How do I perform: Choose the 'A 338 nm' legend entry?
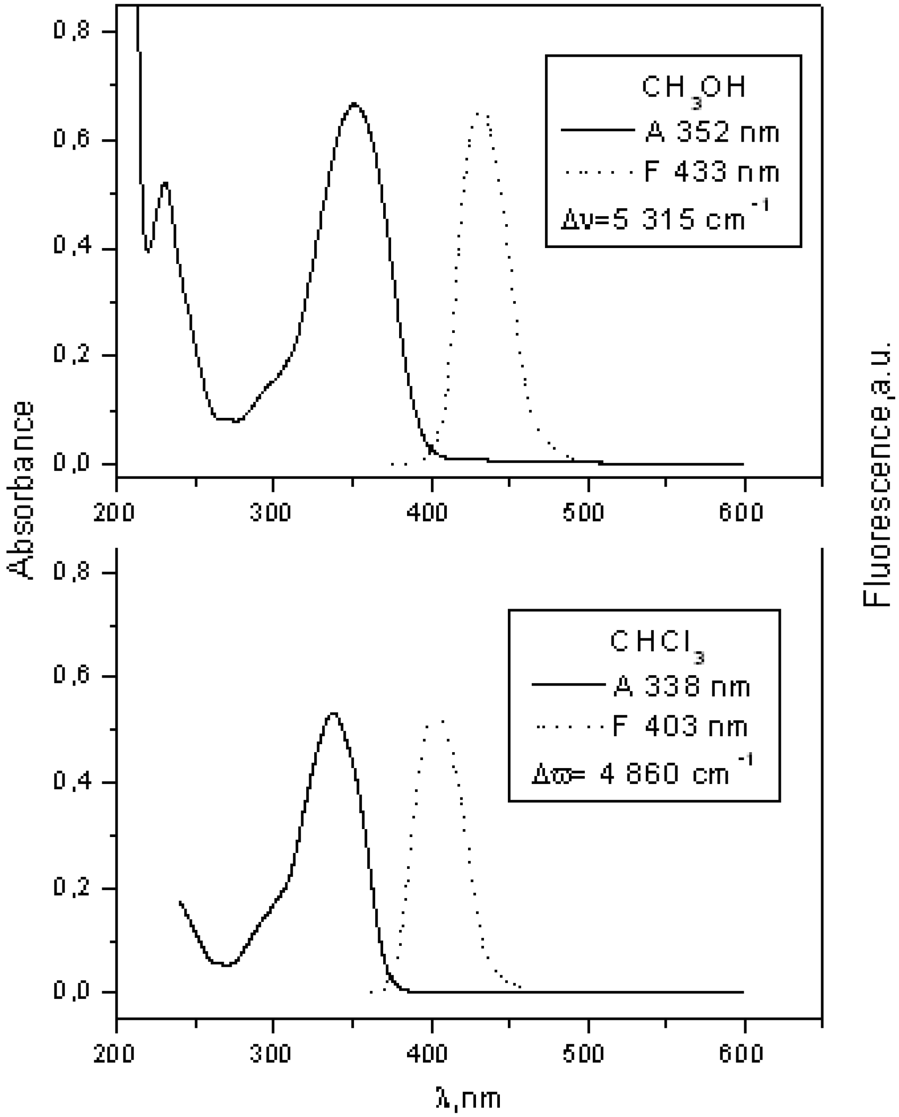coord(682,687)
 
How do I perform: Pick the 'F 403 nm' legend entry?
coord(680,727)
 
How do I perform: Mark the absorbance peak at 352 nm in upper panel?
coord(354,104)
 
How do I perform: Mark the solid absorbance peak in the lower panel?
coord(333,714)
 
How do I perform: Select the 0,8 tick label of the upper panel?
coord(72,31)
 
